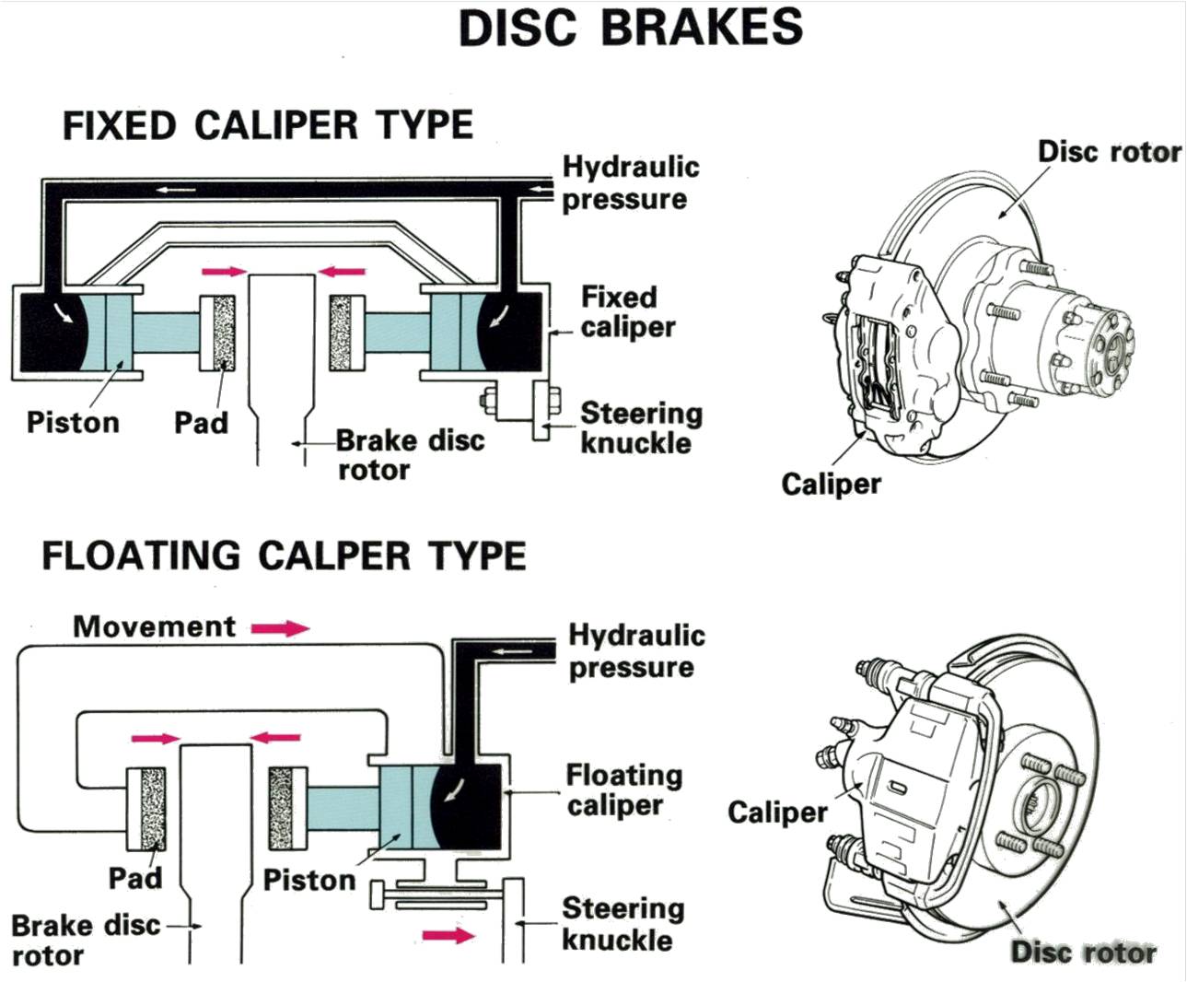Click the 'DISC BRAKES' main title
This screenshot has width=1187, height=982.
[x=631, y=28]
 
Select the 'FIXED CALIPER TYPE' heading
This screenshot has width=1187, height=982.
[x=267, y=125]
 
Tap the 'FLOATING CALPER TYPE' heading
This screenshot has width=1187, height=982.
[x=284, y=555]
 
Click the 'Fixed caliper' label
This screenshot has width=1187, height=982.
[x=627, y=311]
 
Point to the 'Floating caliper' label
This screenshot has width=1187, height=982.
[x=623, y=789]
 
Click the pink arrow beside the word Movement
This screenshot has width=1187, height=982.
[x=280, y=628]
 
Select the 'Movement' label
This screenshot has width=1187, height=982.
[x=154, y=626]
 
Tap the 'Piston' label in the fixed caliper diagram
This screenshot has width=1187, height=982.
[x=73, y=422]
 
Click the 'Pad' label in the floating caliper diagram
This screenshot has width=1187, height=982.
[x=135, y=877]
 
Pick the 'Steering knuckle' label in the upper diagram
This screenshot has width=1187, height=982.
[x=640, y=427]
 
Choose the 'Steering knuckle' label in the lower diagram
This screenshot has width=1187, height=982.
[x=623, y=924]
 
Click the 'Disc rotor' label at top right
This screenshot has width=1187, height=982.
[x=1109, y=151]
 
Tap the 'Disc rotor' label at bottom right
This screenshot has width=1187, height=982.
[x=1083, y=952]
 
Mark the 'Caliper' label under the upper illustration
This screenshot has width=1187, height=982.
[x=831, y=484]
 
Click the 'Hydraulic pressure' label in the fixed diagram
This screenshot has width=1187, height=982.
[x=630, y=182]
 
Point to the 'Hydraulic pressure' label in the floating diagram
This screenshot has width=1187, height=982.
[x=635, y=650]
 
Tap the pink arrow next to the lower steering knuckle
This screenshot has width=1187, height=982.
[x=448, y=935]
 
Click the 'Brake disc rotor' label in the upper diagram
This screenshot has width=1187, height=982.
[x=408, y=454]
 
